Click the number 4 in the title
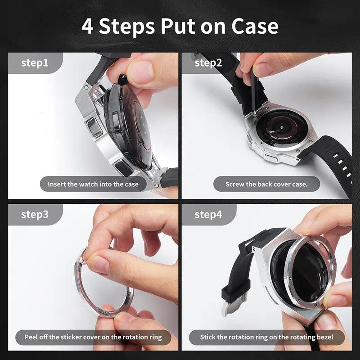pyautogui.click(x=88, y=27)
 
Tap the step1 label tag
pyautogui.click(x=35, y=63)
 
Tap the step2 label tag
pyautogui.click(x=208, y=63)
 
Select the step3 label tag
pyautogui.click(x=35, y=214)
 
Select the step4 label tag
pyautogui.click(x=208, y=214)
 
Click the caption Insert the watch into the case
pyautogui.click(x=93, y=184)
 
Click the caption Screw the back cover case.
pyautogui.click(x=266, y=184)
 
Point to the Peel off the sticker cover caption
pyautogui.click(x=93, y=337)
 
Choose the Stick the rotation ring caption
pyautogui.click(x=266, y=337)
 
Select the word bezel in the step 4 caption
pyautogui.click(x=323, y=337)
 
